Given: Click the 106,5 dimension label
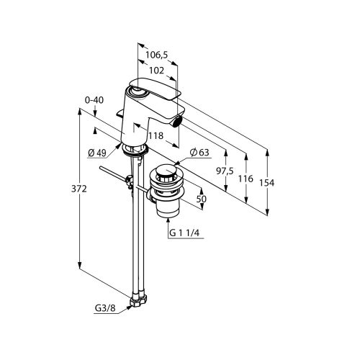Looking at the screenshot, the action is [157, 55].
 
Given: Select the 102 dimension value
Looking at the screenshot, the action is [156, 71].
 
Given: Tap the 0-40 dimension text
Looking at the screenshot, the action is [94, 100].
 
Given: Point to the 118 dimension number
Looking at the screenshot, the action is [156, 136].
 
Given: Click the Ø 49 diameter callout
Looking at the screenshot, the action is [97, 153].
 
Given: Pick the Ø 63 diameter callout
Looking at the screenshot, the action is [199, 153].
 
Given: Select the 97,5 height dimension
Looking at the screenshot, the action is [225, 171].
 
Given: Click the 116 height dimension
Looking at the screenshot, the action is [246, 179].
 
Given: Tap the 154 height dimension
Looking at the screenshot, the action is [266, 183].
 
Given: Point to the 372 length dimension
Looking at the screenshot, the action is [79, 189].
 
